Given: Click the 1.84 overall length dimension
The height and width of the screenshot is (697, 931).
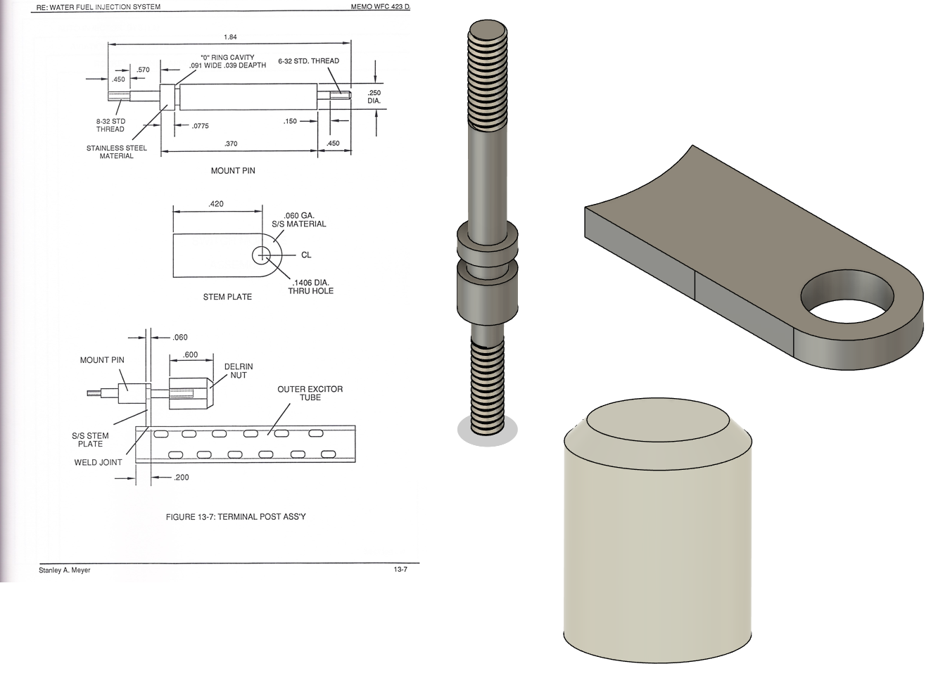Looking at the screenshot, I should [230, 37].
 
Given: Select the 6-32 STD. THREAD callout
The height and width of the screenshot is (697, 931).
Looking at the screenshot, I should [308, 61].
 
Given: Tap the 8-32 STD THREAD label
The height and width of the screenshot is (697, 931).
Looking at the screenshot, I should [110, 125].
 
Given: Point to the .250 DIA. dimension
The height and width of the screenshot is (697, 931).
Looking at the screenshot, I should [374, 97].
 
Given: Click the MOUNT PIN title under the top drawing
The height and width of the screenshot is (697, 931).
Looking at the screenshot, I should [233, 171].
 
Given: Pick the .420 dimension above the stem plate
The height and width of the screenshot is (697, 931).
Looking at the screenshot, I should [216, 204].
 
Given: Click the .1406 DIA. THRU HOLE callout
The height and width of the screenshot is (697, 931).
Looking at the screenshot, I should [310, 287].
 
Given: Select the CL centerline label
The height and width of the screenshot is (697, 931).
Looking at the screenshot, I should [306, 255].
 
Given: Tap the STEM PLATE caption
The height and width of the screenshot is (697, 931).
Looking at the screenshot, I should [227, 297].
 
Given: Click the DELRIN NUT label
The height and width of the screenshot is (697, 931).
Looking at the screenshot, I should [239, 371].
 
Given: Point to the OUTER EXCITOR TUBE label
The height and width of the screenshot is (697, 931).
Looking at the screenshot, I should [310, 393].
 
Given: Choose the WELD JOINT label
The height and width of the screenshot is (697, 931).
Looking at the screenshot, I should [98, 462].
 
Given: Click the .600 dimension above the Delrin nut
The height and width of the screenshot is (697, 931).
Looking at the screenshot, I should [191, 354].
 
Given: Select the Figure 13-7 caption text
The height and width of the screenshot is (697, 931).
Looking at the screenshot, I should [236, 517].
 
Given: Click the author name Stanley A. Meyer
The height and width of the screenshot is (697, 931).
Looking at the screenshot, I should [65, 570].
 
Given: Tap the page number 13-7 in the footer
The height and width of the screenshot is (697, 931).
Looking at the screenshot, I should [400, 569].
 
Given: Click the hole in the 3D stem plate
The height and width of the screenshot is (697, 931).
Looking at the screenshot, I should [847, 299].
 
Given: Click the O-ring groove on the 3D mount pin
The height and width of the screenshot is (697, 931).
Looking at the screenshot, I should [488, 257].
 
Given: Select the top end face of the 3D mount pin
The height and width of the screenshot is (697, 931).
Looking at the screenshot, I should [488, 30].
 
